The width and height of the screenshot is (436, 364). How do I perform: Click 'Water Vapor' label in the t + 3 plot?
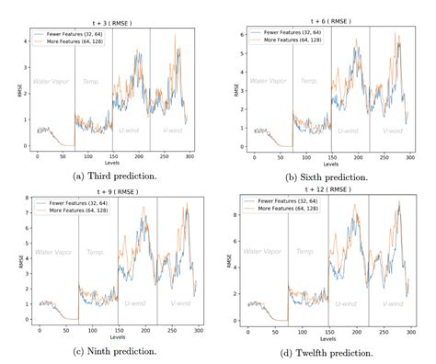(x=52, y=82)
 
